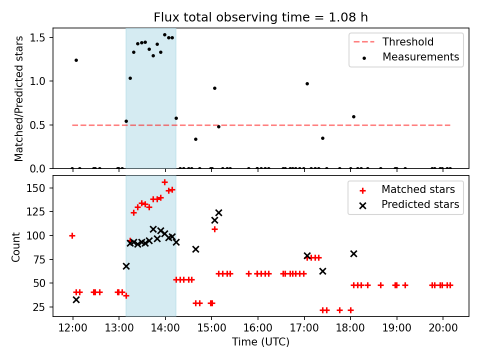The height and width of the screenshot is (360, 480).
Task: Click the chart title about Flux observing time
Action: point(260,17)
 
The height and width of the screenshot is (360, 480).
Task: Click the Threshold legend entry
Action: point(407,42)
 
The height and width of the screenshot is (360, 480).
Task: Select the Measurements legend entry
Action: point(420,57)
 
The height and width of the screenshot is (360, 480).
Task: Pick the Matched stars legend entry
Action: point(417,189)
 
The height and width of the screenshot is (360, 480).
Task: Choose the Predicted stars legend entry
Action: point(420,204)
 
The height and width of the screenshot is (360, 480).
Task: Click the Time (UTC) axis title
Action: point(260,342)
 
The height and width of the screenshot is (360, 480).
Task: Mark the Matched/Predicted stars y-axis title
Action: point(19,98)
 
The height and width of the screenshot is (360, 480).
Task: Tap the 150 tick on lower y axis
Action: point(39,188)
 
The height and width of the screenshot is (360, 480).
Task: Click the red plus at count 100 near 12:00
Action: point(72,235)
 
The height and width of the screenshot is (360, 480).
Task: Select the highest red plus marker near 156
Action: point(164,182)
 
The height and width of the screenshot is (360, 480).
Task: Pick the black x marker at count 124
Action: point(218,212)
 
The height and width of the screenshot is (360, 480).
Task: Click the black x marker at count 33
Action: point(76,299)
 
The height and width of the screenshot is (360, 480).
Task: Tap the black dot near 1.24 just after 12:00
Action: point(76,60)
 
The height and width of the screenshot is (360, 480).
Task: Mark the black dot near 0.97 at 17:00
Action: point(307,83)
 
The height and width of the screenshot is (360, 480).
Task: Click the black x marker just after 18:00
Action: point(353,253)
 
